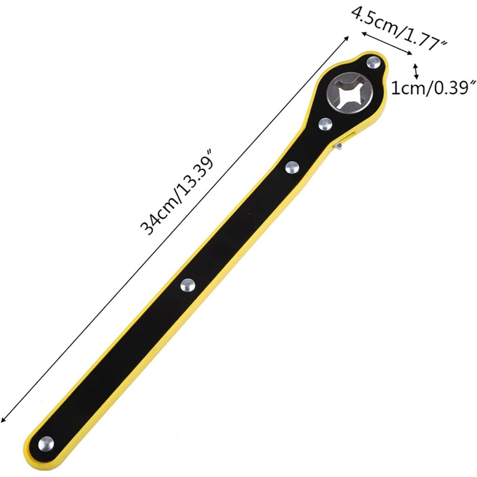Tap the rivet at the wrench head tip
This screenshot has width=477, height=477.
374,63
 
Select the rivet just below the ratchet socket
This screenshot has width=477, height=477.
325,124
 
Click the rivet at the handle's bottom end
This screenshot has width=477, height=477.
46,443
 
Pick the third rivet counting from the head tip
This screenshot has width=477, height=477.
292,168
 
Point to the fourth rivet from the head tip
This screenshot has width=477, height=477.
188,286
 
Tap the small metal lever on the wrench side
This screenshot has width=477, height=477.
338,146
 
